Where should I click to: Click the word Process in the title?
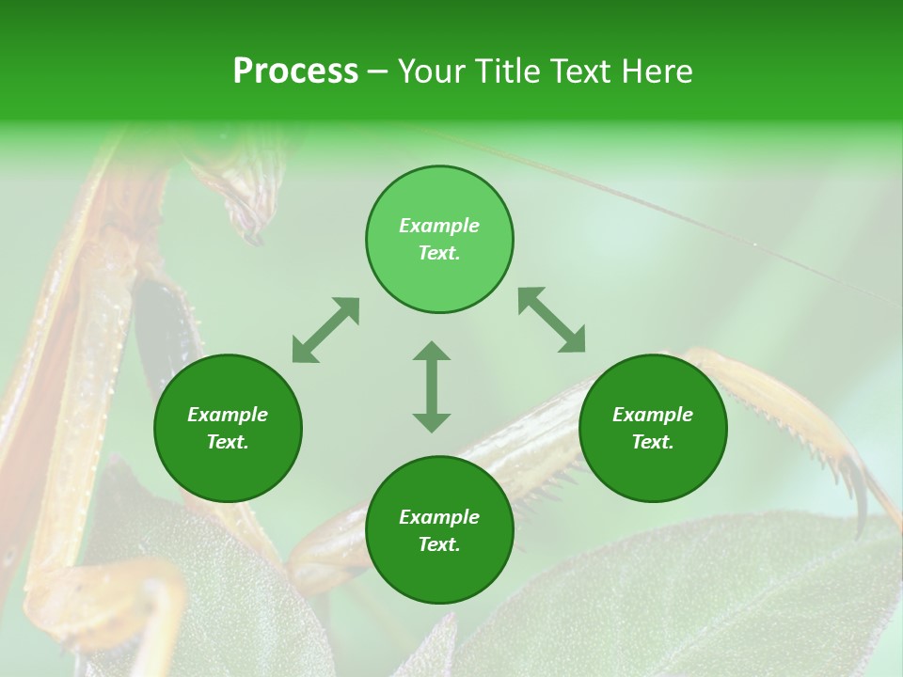[x=295, y=71]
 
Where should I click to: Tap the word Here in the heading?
[x=656, y=71]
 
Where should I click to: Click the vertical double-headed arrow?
[x=432, y=386]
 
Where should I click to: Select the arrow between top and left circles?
[x=325, y=330]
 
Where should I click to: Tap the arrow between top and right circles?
[x=551, y=321]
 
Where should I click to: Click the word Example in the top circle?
[x=439, y=226]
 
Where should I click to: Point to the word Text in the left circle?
[x=228, y=442]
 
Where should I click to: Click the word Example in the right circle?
[x=653, y=415]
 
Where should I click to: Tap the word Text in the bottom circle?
[x=439, y=544]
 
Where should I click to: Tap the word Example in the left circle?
[x=228, y=415]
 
